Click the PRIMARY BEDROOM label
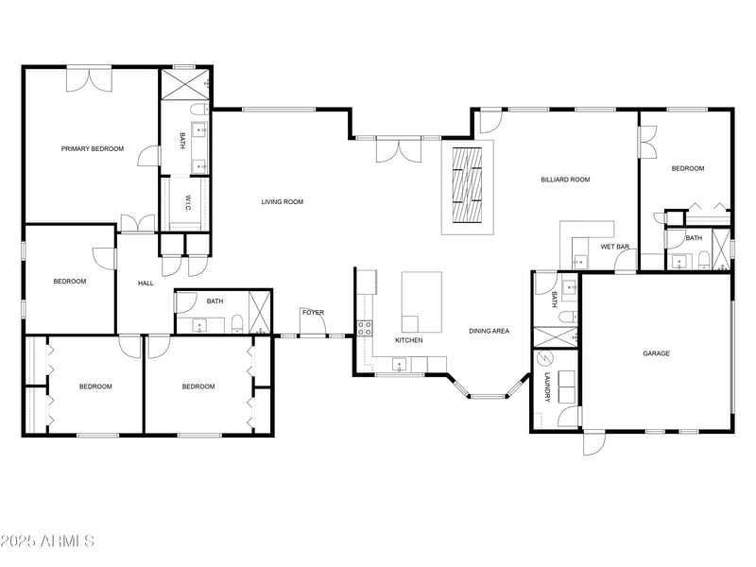(93, 148)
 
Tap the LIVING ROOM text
(283, 201)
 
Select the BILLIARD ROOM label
(565, 180)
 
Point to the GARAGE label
(656, 353)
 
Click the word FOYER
(313, 312)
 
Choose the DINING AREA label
(489, 331)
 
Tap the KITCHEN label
(408, 340)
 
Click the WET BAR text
(615, 247)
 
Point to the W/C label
(187, 203)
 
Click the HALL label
(146, 283)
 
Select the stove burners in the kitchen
(364, 328)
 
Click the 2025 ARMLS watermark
(47, 541)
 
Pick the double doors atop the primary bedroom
(90, 78)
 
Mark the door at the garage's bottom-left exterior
(593, 442)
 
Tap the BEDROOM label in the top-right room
(687, 168)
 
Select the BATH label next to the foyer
(215, 301)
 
